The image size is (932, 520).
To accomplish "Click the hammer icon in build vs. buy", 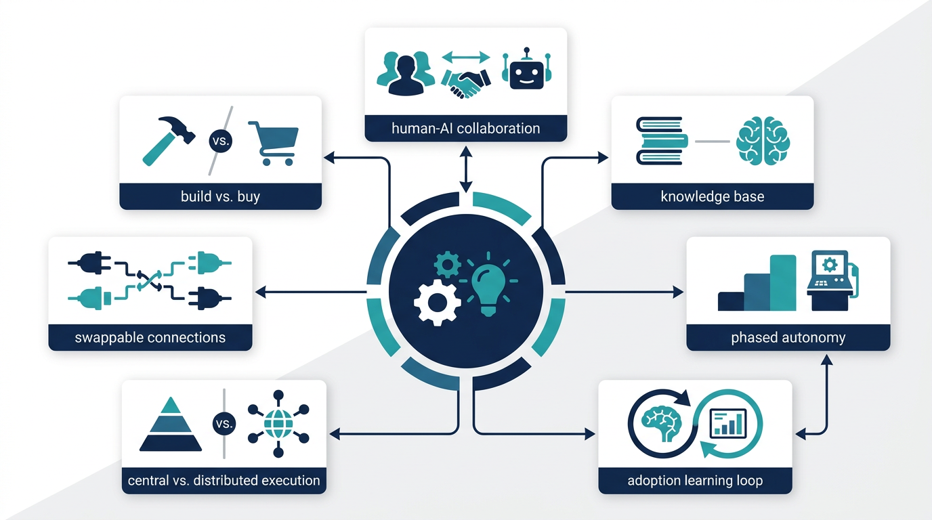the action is (x=169, y=140).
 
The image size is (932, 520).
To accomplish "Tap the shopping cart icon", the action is (x=274, y=143).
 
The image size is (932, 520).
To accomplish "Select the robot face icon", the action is (x=526, y=69).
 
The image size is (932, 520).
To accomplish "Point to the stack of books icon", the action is (x=662, y=141).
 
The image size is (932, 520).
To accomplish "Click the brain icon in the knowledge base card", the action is (x=763, y=141).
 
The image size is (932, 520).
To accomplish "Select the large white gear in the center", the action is (x=438, y=303).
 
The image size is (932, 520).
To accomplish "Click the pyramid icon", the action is (x=171, y=425).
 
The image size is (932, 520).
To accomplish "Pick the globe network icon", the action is (x=278, y=424).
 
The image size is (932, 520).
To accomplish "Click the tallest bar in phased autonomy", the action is (x=782, y=283).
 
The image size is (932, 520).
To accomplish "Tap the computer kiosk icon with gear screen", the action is (x=832, y=280).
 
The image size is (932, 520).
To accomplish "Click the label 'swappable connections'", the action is (x=150, y=337).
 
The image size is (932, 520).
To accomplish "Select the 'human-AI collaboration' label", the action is (x=465, y=128).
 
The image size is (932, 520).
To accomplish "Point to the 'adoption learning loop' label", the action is (x=695, y=481).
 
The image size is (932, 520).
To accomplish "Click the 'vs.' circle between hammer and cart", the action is (x=221, y=141).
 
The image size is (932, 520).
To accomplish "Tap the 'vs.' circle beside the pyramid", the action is (x=224, y=423).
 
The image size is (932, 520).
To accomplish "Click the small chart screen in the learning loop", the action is (x=727, y=423).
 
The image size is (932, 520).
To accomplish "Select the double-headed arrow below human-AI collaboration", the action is (x=466, y=169).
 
